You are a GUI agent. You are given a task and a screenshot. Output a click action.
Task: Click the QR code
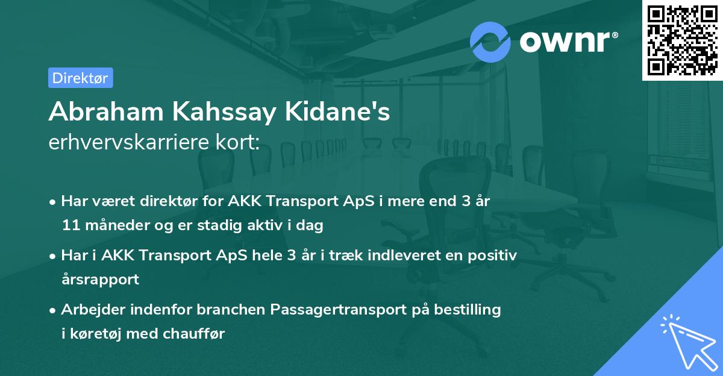pyautogui.click(x=682, y=39)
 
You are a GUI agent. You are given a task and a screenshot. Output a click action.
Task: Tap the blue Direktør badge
pyautogui.click(x=80, y=78)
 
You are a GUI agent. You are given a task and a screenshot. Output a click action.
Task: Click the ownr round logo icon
pyautogui.click(x=490, y=42)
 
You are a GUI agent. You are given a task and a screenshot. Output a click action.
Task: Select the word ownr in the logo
pyautogui.click(x=568, y=41)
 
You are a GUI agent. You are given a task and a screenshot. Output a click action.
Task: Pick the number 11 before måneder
pyautogui.click(x=69, y=225)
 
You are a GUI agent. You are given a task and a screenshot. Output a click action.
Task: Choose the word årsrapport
pyautogui.click(x=100, y=279)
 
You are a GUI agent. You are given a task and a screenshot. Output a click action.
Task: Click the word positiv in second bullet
pyautogui.click(x=495, y=255)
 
